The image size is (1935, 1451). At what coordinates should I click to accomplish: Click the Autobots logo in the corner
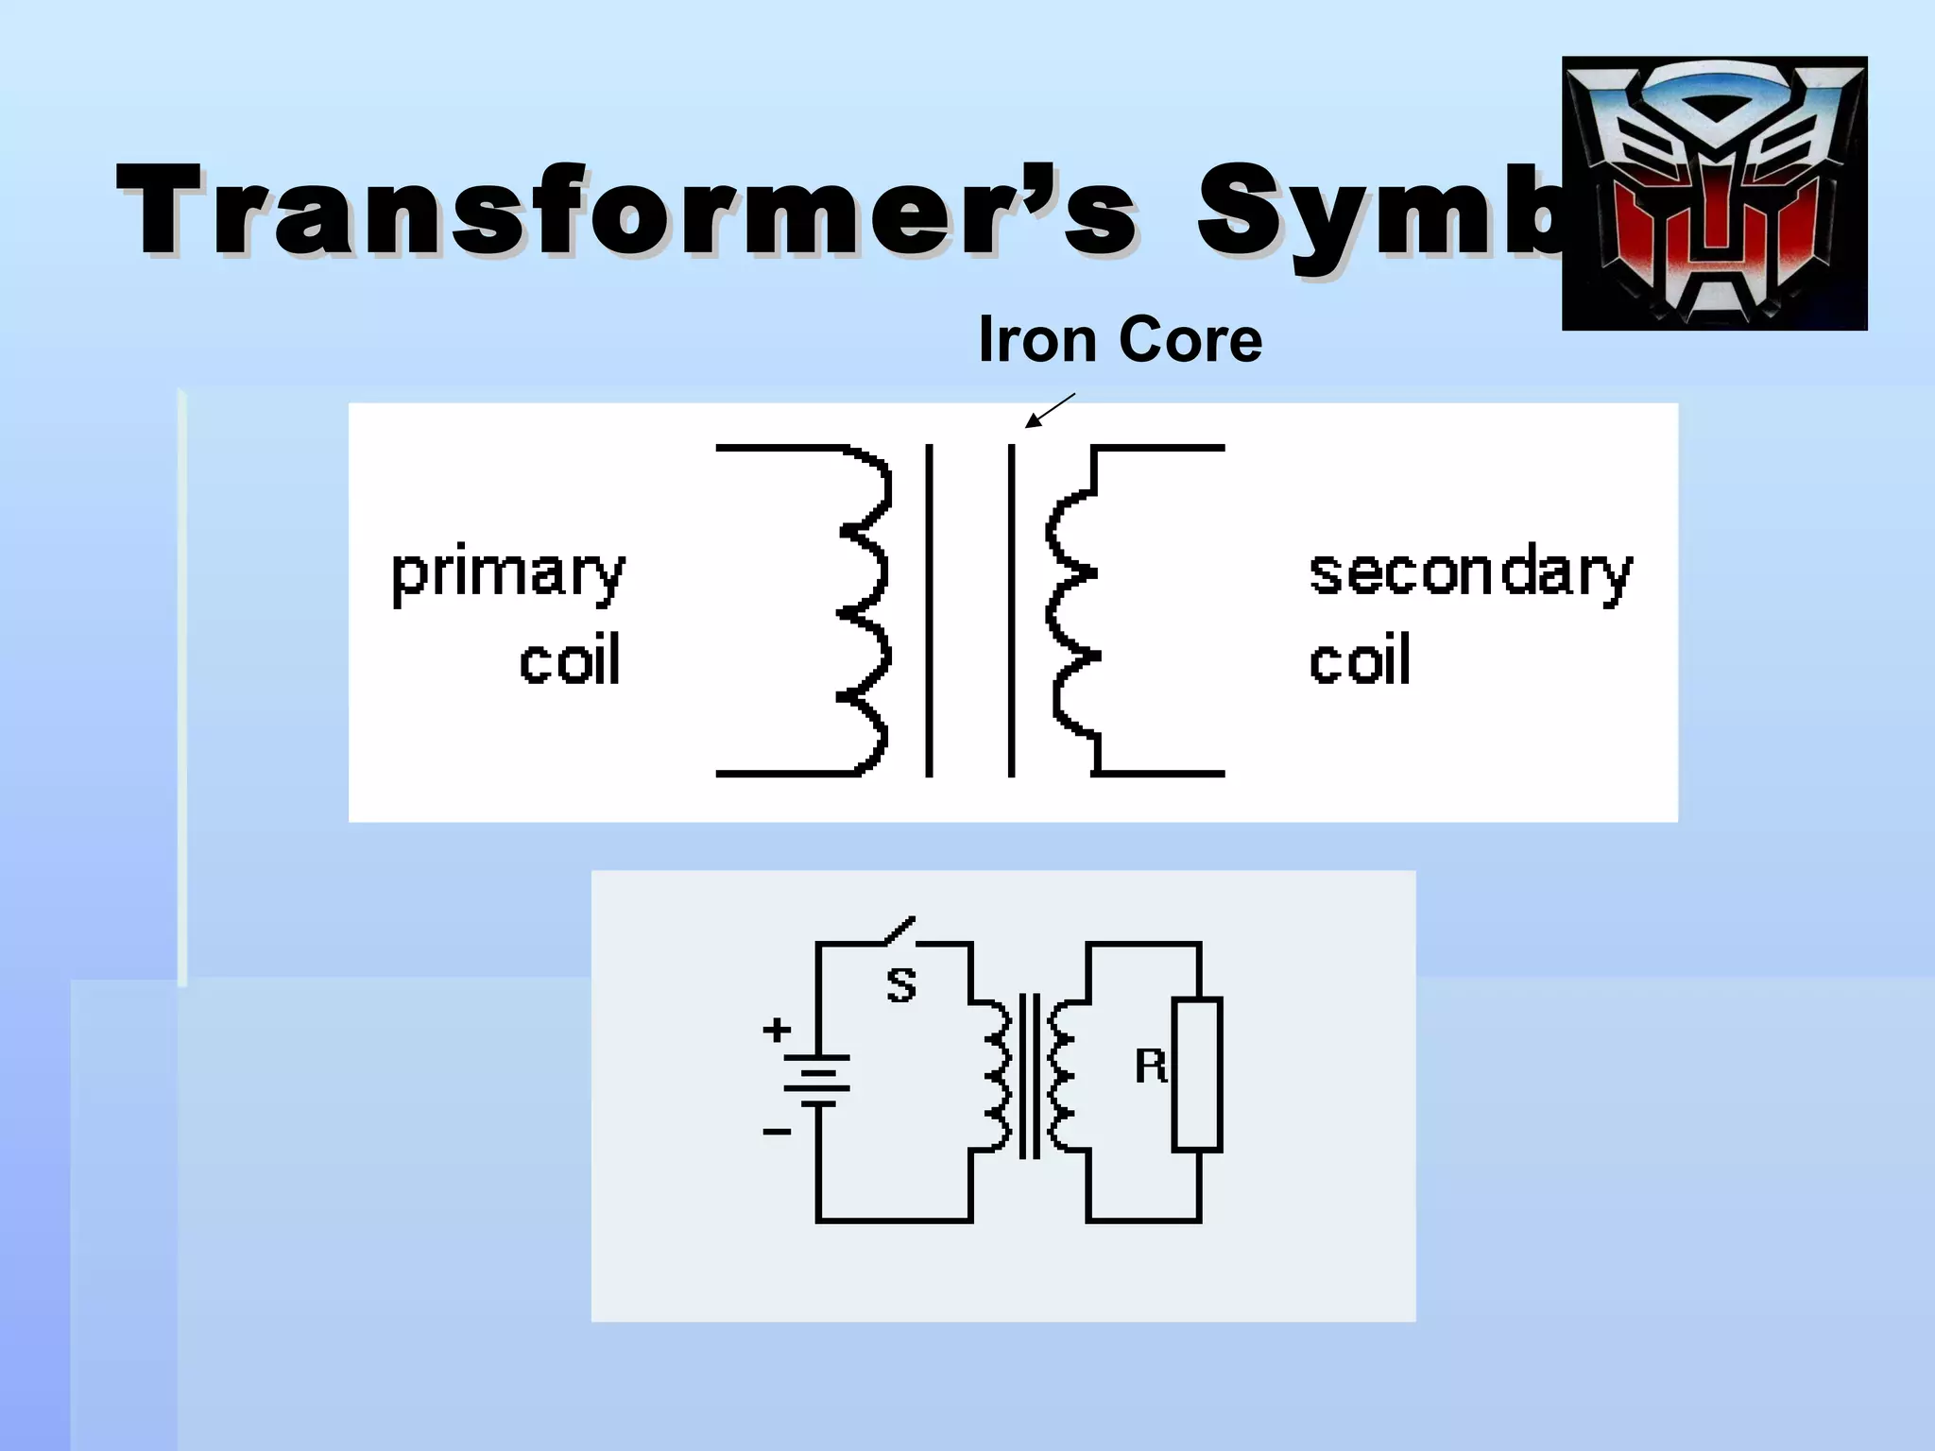(1714, 194)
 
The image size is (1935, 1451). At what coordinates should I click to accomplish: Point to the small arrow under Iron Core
(1049, 411)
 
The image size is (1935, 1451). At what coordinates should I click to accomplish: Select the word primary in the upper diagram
(508, 573)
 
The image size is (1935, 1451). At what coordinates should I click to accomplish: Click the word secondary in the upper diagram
(1470, 573)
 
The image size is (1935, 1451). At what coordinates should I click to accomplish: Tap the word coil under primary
(570, 660)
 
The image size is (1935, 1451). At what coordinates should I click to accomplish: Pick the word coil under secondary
(1360, 660)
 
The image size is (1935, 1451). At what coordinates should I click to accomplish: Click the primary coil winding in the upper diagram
(865, 610)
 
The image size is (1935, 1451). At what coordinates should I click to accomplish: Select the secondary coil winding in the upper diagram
(1072, 610)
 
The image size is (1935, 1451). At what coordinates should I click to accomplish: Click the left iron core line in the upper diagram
(929, 610)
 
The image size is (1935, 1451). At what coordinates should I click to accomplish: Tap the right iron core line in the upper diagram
(1012, 610)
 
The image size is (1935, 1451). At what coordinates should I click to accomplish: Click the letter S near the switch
(901, 985)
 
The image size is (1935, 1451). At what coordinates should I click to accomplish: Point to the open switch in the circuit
(899, 930)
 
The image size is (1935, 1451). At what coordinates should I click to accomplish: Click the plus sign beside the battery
(777, 1029)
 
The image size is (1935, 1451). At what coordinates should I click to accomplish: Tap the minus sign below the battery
(777, 1131)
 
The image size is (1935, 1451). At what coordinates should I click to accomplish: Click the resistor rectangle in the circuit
(1197, 1074)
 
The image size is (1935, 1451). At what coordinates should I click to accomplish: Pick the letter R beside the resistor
(1150, 1067)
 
